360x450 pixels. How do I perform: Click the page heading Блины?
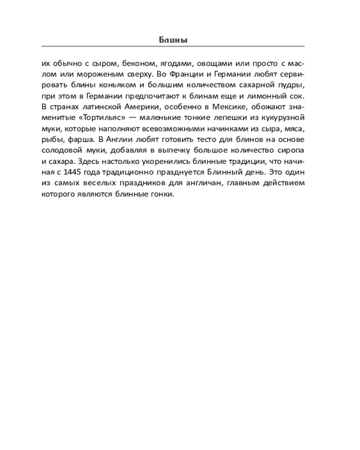(173, 40)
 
